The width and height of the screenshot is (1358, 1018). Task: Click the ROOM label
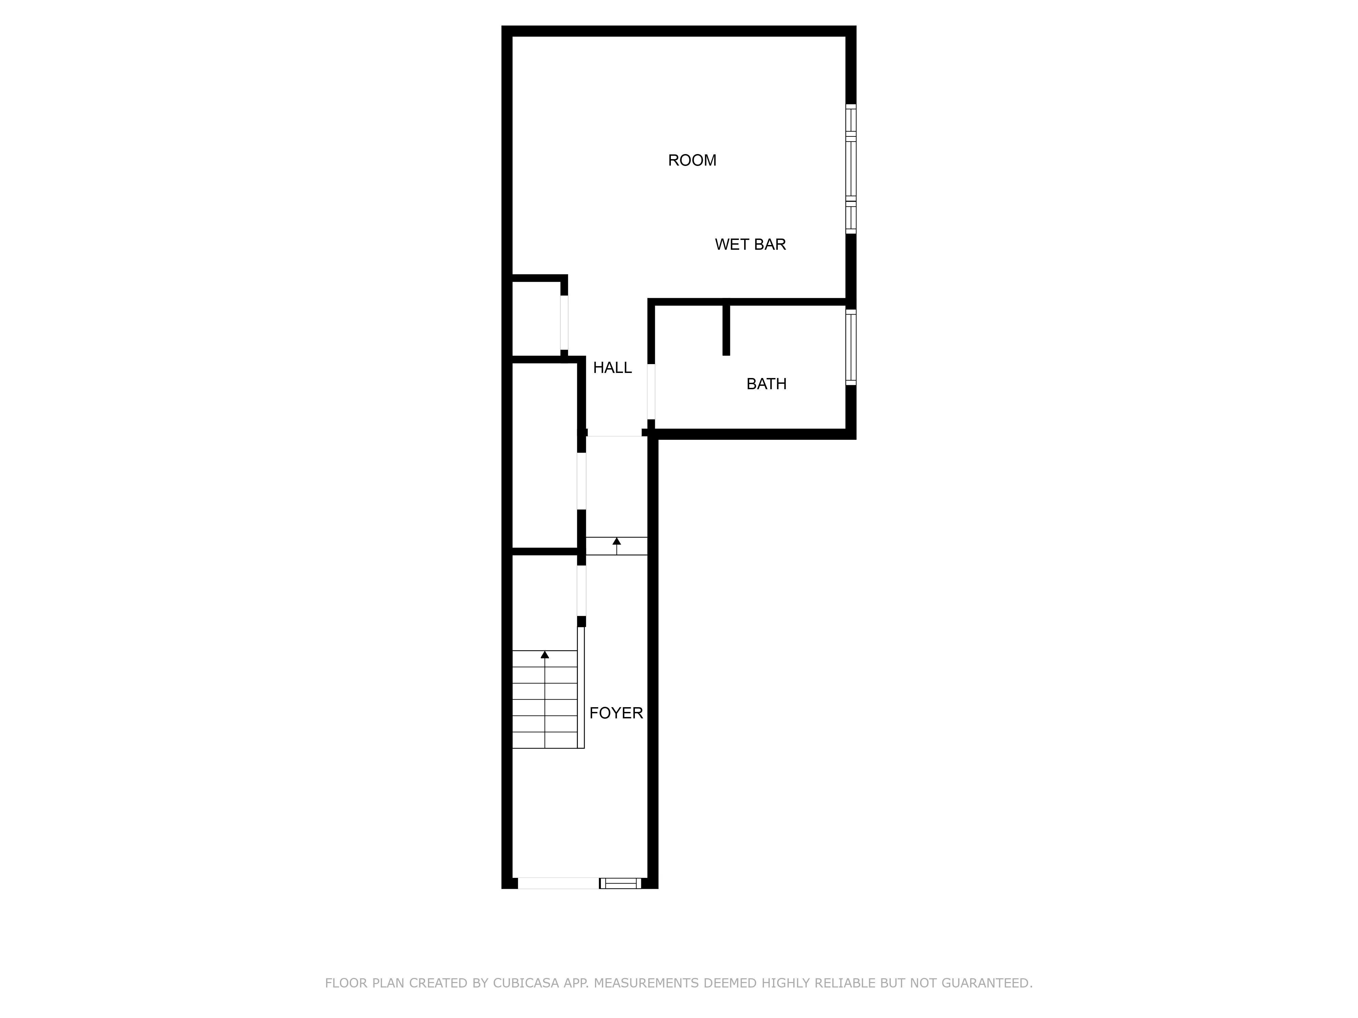(692, 160)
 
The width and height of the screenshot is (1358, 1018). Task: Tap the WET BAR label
(750, 244)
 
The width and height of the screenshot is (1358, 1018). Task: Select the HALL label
(612, 367)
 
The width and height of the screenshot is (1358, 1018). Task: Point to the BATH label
(766, 384)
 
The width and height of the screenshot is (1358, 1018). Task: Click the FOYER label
(616, 713)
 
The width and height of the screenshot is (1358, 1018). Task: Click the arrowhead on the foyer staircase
(545, 655)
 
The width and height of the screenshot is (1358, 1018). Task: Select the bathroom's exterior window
(851, 347)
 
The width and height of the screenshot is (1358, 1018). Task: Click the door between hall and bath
(652, 392)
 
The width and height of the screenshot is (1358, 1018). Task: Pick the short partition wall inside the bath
(726, 329)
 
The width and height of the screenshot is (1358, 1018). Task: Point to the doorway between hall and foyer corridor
(614, 433)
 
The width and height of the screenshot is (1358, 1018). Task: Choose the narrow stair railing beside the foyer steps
(581, 687)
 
